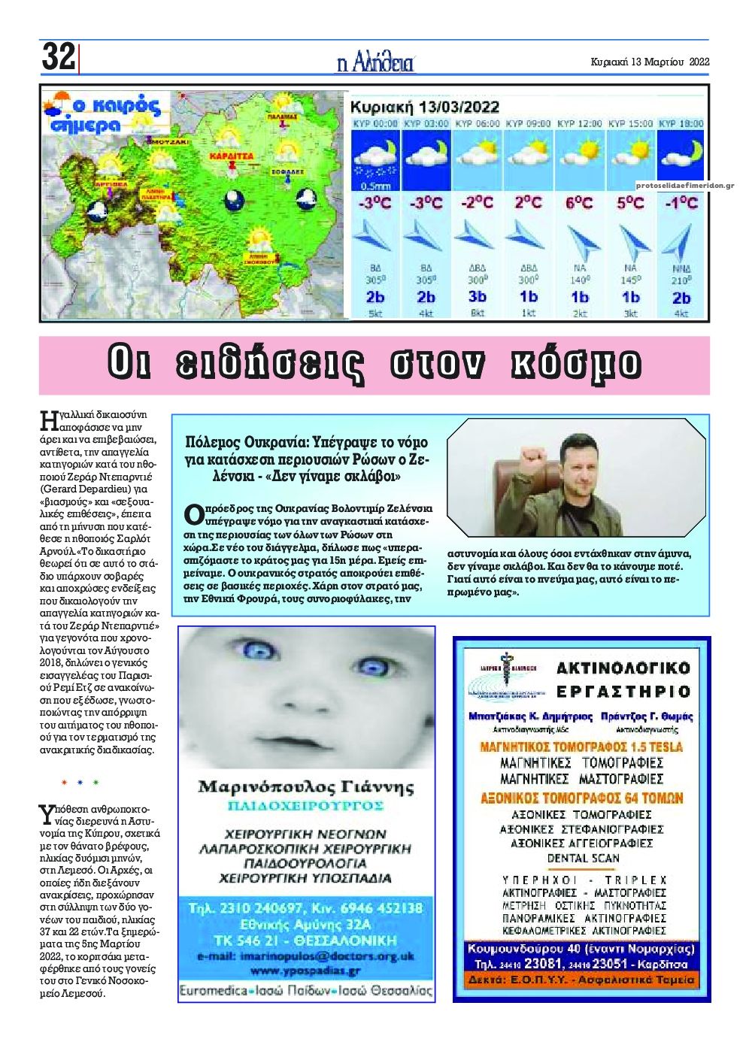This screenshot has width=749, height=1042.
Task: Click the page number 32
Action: coord(58,57)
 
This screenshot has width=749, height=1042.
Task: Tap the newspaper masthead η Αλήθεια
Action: coord(375,62)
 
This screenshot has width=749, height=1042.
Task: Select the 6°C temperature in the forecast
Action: coord(578,203)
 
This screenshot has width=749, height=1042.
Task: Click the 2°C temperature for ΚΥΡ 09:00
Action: coord(527,203)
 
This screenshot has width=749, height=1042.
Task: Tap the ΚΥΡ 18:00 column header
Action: coord(680,123)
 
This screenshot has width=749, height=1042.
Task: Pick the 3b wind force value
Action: coord(477,296)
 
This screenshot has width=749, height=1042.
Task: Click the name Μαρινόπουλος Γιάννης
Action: coord(306,787)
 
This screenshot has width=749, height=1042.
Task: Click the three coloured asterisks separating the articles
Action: coord(80,783)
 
